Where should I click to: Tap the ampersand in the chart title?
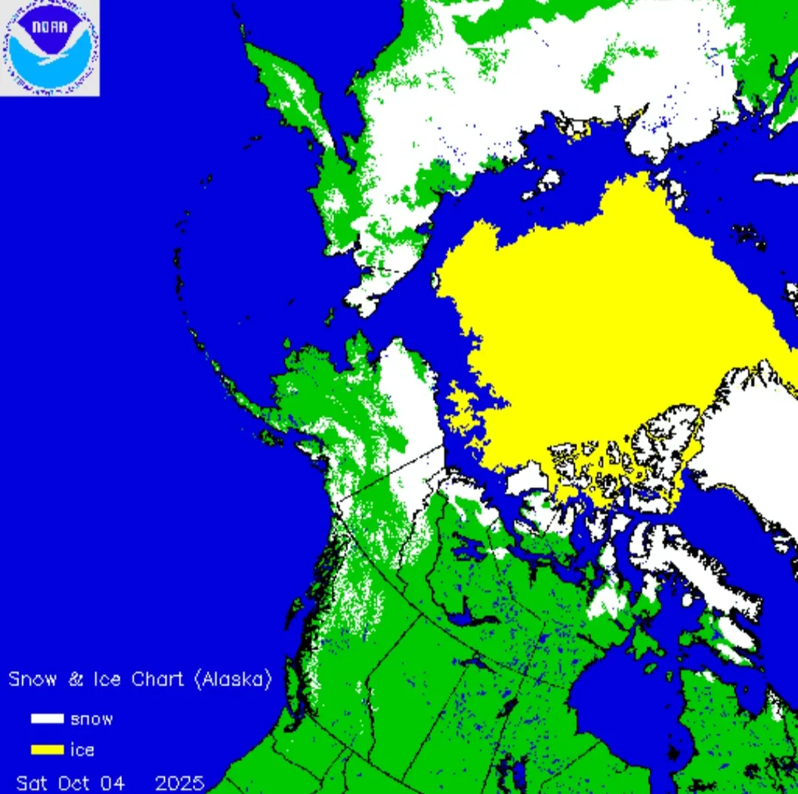coord(75,679)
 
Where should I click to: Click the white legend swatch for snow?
coord(47,719)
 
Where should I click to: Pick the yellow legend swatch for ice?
coord(47,750)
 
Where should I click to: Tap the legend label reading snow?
coord(92,719)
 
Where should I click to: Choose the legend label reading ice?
coord(82,750)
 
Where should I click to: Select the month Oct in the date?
coord(78,782)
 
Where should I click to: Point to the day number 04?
coord(114,782)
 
